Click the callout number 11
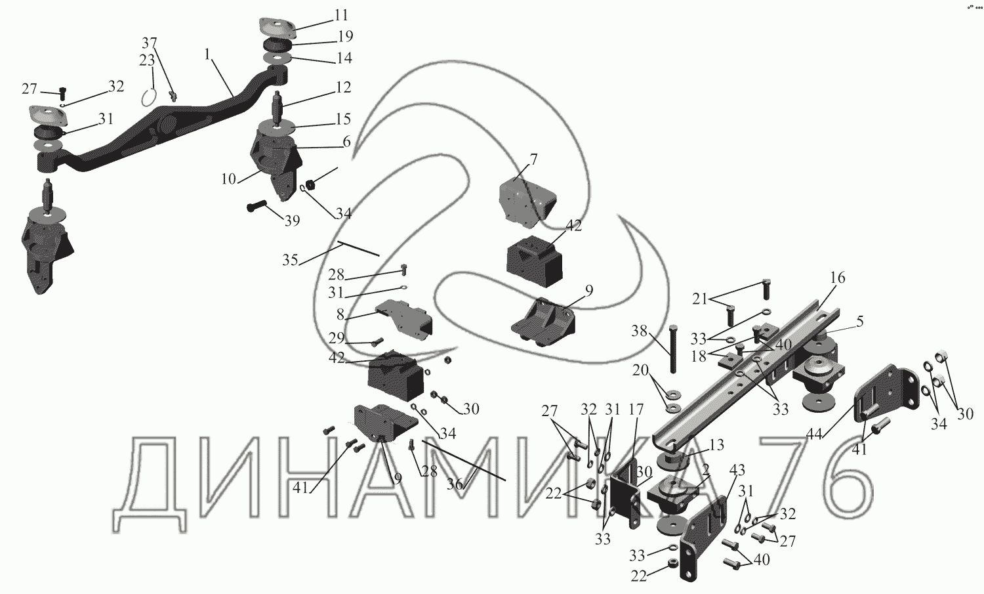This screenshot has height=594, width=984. point(341,15)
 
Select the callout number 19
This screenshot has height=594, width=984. point(346,37)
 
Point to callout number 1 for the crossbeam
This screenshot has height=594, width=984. point(208,54)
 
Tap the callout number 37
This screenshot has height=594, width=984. point(150,43)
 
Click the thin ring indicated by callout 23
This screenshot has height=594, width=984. point(149,96)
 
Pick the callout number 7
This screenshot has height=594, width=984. point(534,159)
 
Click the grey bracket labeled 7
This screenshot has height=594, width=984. point(527,202)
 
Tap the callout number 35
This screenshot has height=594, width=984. point(290,260)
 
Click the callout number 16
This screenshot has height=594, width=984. point(838,278)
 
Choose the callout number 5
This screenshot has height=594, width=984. point(859,322)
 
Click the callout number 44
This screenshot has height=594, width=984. point(815,435)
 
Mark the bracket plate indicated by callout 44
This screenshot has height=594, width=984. point(886,393)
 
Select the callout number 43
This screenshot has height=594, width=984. point(737,470)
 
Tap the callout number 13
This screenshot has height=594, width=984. point(716,445)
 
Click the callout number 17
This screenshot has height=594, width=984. point(636,410)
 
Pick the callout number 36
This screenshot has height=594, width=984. point(455,484)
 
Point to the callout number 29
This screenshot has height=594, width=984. point(337,339)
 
